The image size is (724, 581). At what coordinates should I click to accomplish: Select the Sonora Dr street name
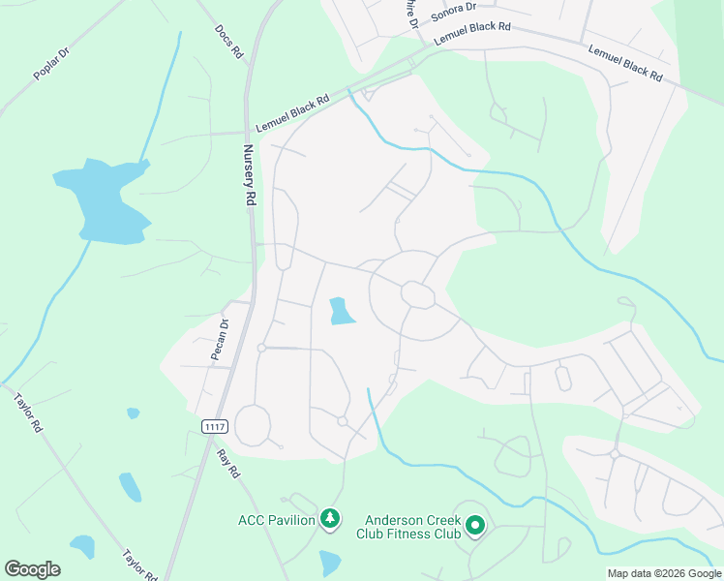click(454, 10)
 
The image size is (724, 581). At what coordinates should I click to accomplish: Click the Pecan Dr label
click(221, 339)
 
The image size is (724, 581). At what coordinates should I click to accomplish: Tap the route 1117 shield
click(215, 426)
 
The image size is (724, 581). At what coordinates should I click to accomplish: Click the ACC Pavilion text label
click(277, 520)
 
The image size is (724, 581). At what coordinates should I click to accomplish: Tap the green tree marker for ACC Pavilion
click(330, 520)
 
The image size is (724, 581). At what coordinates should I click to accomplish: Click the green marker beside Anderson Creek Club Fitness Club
click(475, 526)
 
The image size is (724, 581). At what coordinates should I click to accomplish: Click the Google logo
click(32, 569)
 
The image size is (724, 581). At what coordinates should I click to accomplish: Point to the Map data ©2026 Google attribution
click(663, 573)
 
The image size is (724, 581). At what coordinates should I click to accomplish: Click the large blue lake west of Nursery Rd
click(106, 199)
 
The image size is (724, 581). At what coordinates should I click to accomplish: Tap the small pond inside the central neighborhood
click(341, 311)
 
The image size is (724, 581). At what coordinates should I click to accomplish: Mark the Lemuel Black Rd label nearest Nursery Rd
click(292, 113)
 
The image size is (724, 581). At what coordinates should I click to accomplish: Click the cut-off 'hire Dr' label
click(411, 14)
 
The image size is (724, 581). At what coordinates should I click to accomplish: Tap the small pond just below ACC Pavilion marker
click(330, 562)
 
